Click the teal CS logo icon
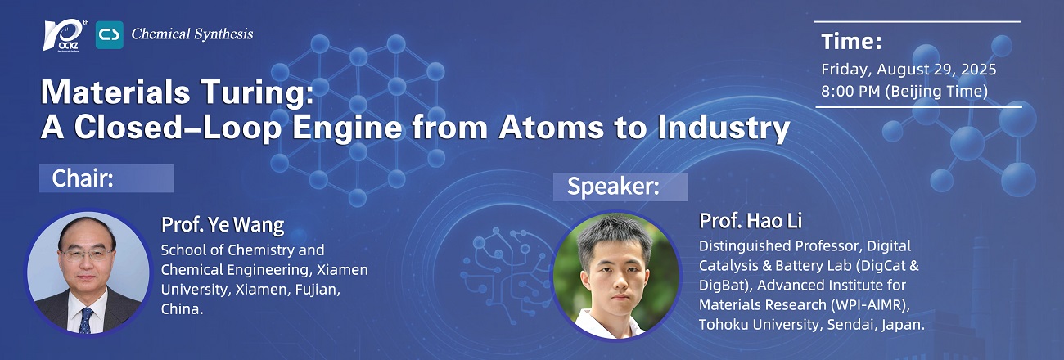pyautogui.click(x=109, y=35)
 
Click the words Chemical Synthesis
pyautogui.click(x=192, y=34)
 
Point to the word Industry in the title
pyautogui.click(x=724, y=128)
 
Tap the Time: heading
pyautogui.click(x=851, y=42)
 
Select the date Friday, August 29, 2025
pyautogui.click(x=908, y=70)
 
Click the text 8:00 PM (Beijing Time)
pyautogui.click(x=904, y=91)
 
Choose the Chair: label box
pyautogui.click(x=106, y=178)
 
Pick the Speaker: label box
pyautogui.click(x=620, y=187)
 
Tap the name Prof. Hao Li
pyautogui.click(x=751, y=221)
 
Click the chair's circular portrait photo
pyautogui.click(x=88, y=272)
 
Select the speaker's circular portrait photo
pyautogui.click(x=616, y=276)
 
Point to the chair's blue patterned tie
pyautogui.click(x=86, y=320)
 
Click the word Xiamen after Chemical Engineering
pyautogui.click(x=342, y=270)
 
